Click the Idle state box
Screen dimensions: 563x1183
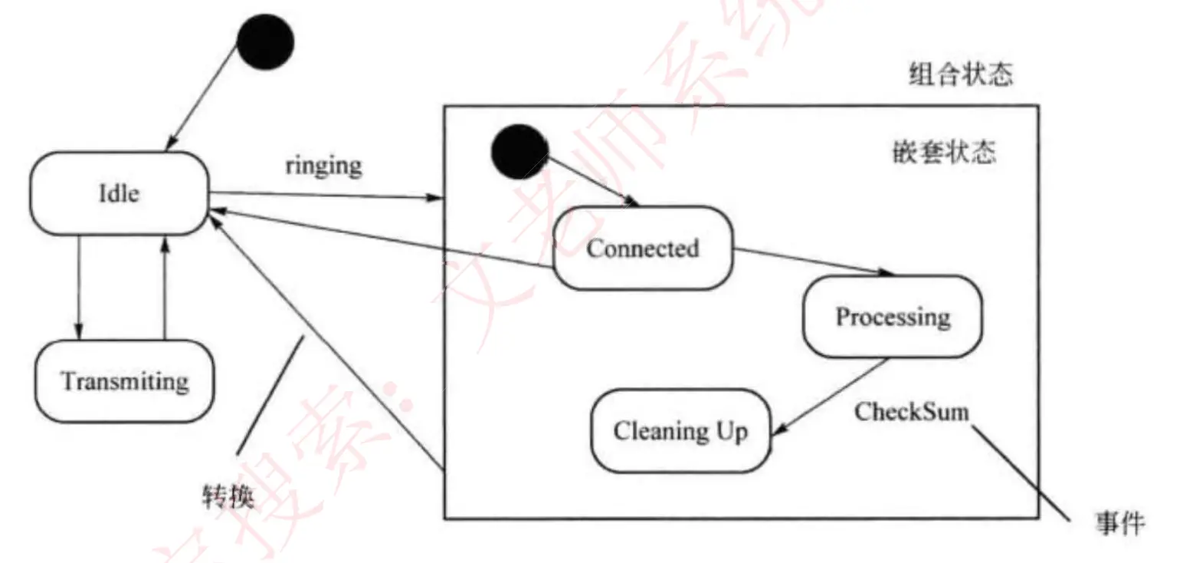(x=119, y=193)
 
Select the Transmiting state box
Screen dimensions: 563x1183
(x=125, y=381)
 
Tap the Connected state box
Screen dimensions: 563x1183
(x=643, y=248)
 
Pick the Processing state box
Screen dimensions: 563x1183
(x=892, y=317)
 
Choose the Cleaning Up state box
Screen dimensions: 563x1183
(x=680, y=430)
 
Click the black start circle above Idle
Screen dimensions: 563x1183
(x=265, y=41)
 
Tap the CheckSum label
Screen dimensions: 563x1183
(x=912, y=412)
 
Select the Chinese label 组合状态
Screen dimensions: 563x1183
(x=961, y=75)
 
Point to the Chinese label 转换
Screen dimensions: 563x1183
(x=228, y=496)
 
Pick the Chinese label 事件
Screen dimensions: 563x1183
(x=1119, y=523)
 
